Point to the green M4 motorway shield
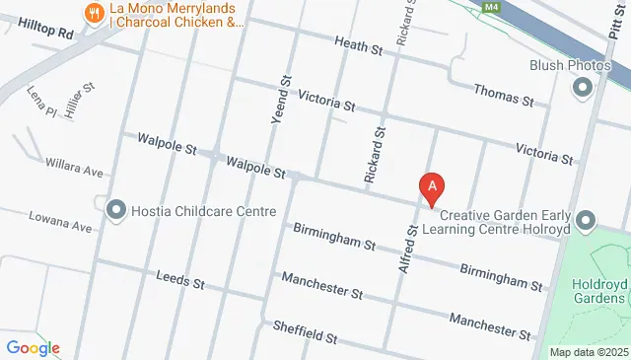pyautogui.click(x=491, y=7)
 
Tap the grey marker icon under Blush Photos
pyautogui.click(x=582, y=88)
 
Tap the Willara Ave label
pyautogui.click(x=73, y=170)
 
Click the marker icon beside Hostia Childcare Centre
pyautogui.click(x=116, y=210)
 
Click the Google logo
pyautogui.click(x=33, y=347)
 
